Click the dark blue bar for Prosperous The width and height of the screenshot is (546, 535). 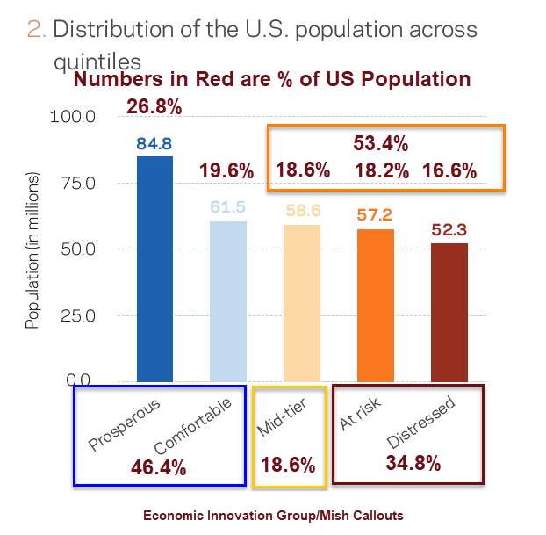coord(154,269)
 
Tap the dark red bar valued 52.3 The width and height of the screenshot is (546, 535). coord(449,312)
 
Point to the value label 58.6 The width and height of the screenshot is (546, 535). coord(301,212)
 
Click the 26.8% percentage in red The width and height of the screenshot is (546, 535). coord(154,107)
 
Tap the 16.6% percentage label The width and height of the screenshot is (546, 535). coord(449,170)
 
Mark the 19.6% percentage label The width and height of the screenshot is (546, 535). coord(226,170)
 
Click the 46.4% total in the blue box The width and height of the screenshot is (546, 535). coord(158,466)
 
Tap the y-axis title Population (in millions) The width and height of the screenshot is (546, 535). coord(32,249)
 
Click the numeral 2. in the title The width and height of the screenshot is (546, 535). coord(36,29)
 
